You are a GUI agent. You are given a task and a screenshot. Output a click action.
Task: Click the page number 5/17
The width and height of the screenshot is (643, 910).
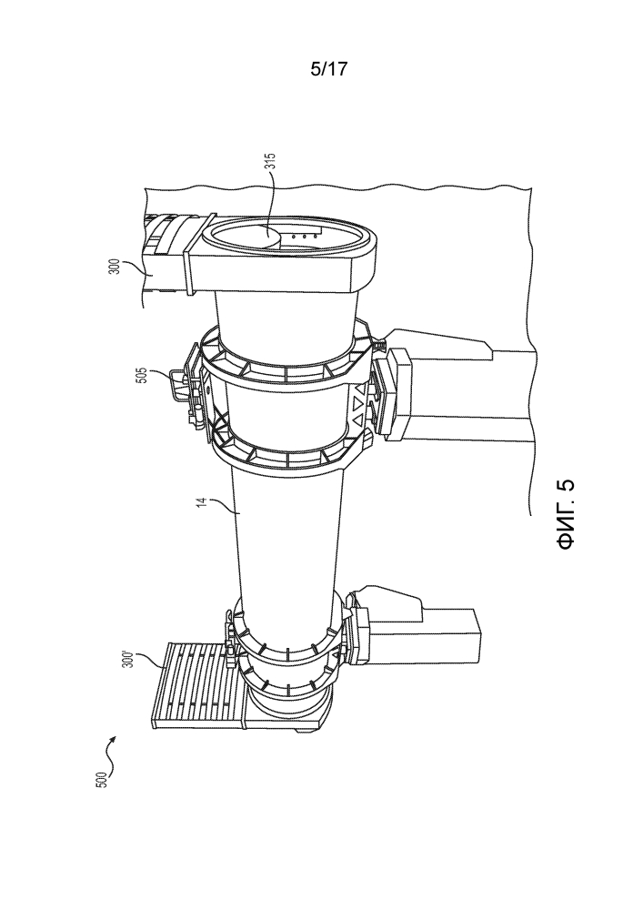[328, 69]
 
